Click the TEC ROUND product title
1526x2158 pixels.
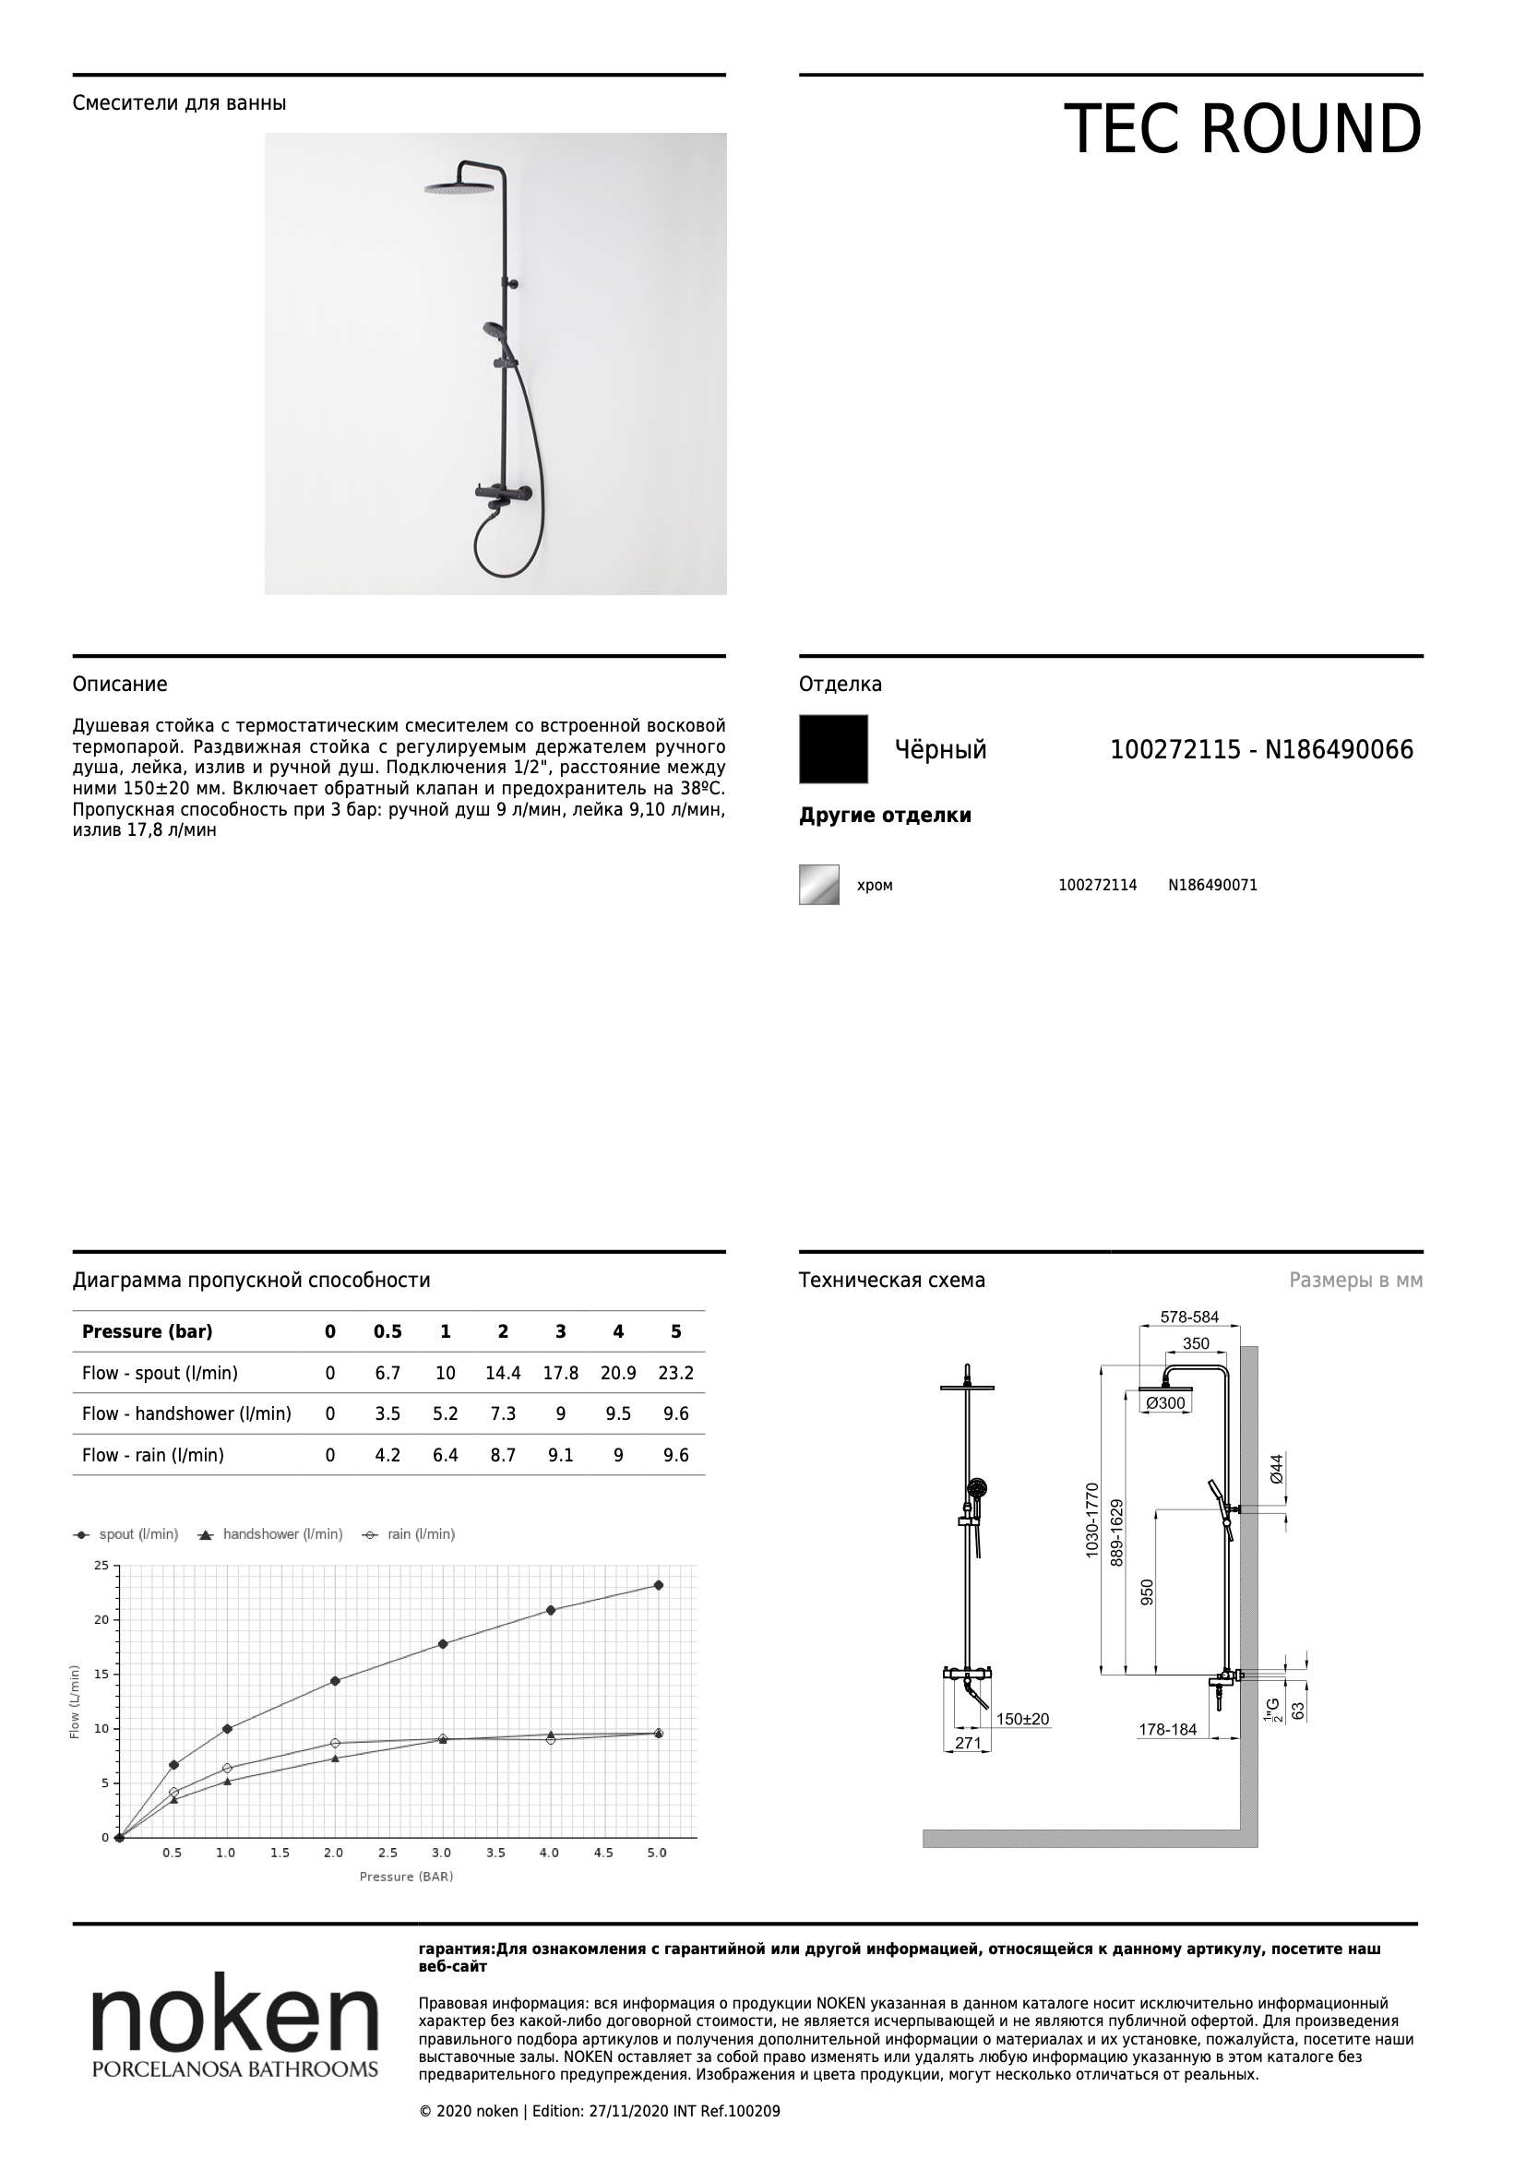pos(1242,129)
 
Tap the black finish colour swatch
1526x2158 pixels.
pos(833,749)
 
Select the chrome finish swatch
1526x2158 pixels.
pos(818,885)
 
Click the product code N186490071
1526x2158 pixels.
pos(1212,885)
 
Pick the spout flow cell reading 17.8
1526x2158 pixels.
pos(560,1373)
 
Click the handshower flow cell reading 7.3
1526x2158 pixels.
pos(503,1413)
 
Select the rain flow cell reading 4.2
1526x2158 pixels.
pos(387,1455)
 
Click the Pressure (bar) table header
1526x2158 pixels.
pos(148,1332)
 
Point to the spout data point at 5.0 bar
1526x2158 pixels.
pos(658,1586)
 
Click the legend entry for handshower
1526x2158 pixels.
pos(270,1534)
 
